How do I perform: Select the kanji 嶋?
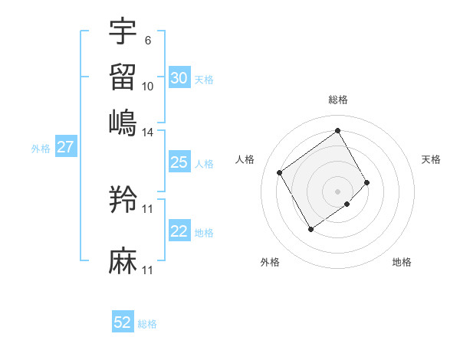point(123,123)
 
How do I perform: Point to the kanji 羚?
point(123,199)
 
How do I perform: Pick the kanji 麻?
point(123,261)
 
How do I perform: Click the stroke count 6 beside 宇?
point(147,40)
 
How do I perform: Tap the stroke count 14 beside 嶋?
point(148,133)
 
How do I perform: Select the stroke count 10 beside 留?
point(148,87)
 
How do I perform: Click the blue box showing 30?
point(179,78)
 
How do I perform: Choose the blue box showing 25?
point(179,162)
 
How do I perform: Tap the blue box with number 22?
point(179,231)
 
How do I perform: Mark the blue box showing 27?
point(65,147)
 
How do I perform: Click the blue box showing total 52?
point(123,322)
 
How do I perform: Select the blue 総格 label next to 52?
point(147,324)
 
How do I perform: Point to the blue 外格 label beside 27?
point(41,149)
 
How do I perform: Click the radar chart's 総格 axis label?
point(338,100)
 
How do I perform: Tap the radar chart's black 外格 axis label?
point(270,263)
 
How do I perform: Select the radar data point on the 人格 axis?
point(280,173)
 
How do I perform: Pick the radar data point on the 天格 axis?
point(367,182)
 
